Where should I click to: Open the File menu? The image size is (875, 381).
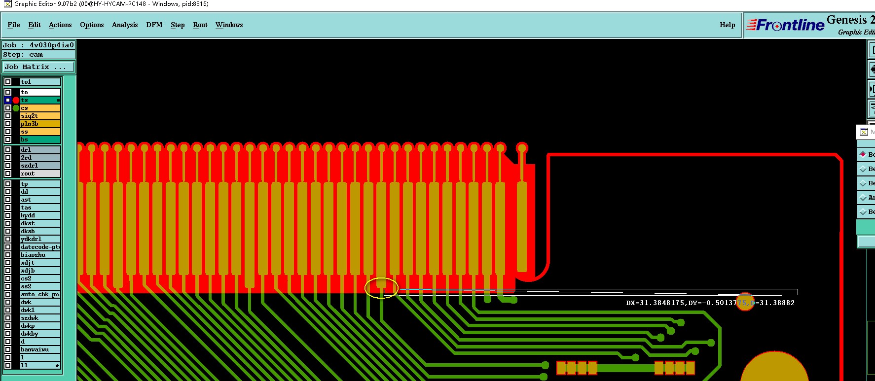point(14,25)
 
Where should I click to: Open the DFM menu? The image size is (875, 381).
point(154,25)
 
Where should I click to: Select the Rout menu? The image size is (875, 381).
point(200,25)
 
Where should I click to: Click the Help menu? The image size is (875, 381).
point(727,25)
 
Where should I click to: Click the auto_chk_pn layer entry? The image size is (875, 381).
point(40,294)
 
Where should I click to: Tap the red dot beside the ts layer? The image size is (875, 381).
point(16,100)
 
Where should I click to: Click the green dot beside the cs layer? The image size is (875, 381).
point(16,108)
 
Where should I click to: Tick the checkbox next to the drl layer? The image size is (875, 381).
point(8,150)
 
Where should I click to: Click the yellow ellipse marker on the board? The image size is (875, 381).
point(381,288)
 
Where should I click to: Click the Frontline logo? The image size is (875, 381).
point(785,25)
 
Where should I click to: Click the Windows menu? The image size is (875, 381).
point(229,25)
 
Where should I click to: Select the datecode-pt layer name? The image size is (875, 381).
point(40,247)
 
